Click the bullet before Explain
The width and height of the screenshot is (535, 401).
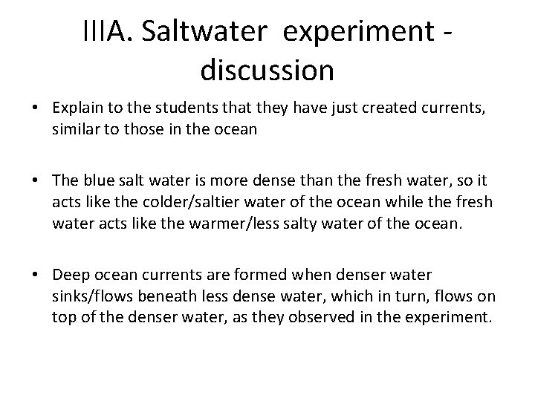click(x=35, y=108)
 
